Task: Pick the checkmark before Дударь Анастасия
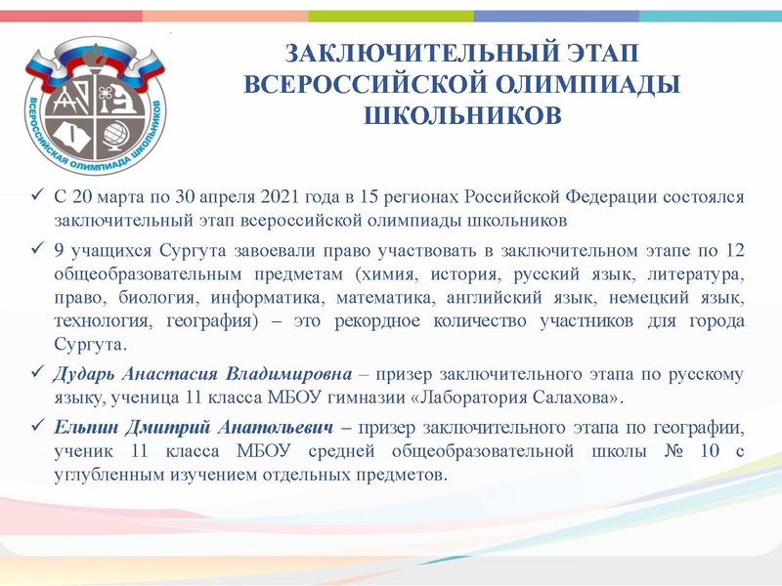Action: [x=36, y=375]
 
